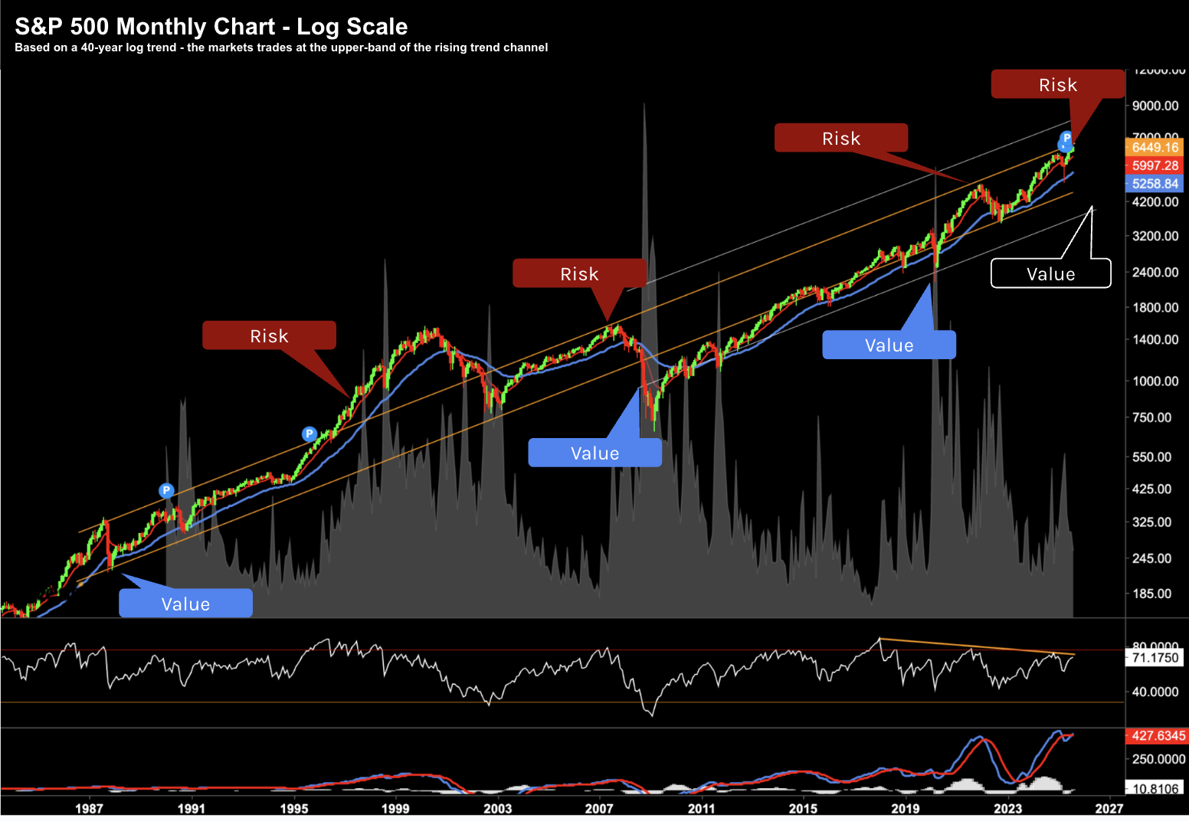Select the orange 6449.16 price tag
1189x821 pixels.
click(x=1155, y=147)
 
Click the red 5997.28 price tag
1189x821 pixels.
click(x=1155, y=165)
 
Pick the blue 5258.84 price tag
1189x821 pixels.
click(x=1155, y=184)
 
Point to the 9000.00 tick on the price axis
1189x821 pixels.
click(x=1155, y=106)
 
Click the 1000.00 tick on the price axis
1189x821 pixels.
click(x=1155, y=381)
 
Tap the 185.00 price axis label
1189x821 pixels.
click(x=1152, y=594)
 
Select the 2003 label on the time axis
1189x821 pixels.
click(x=498, y=808)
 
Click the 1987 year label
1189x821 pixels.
click(x=89, y=808)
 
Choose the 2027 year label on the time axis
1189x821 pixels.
click(x=1109, y=808)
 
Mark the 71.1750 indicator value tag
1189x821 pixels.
click(x=1155, y=658)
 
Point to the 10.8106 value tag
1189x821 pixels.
click(x=1155, y=789)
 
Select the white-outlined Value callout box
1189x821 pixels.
click(x=1050, y=273)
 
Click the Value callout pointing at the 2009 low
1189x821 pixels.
click(x=594, y=453)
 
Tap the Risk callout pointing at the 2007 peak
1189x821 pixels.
click(x=579, y=273)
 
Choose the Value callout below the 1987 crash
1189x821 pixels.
click(x=185, y=603)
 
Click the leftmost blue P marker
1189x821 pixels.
click(x=166, y=490)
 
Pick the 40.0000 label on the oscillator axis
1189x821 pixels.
click(x=1155, y=692)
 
